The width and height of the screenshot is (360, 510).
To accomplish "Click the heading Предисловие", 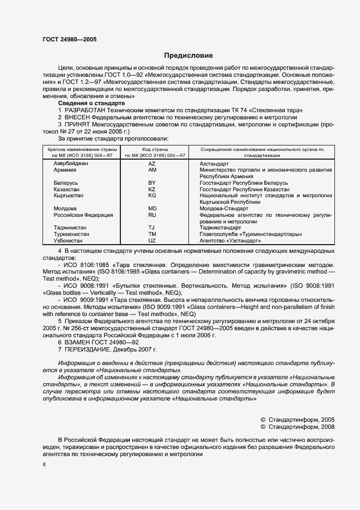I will [189, 56].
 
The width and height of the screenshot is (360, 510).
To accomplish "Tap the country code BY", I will [152, 183].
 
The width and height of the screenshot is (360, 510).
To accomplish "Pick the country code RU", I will [152, 215].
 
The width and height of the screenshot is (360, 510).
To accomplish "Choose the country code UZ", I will [152, 240].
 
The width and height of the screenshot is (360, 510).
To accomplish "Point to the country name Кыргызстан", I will [69, 196].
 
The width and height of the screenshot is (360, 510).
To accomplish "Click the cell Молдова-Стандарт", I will [223, 209].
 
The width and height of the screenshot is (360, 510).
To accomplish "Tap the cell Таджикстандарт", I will [224, 228].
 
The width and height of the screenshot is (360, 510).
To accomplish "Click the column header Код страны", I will [152, 149].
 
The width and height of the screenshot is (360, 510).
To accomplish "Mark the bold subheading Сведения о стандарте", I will [91, 103].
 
